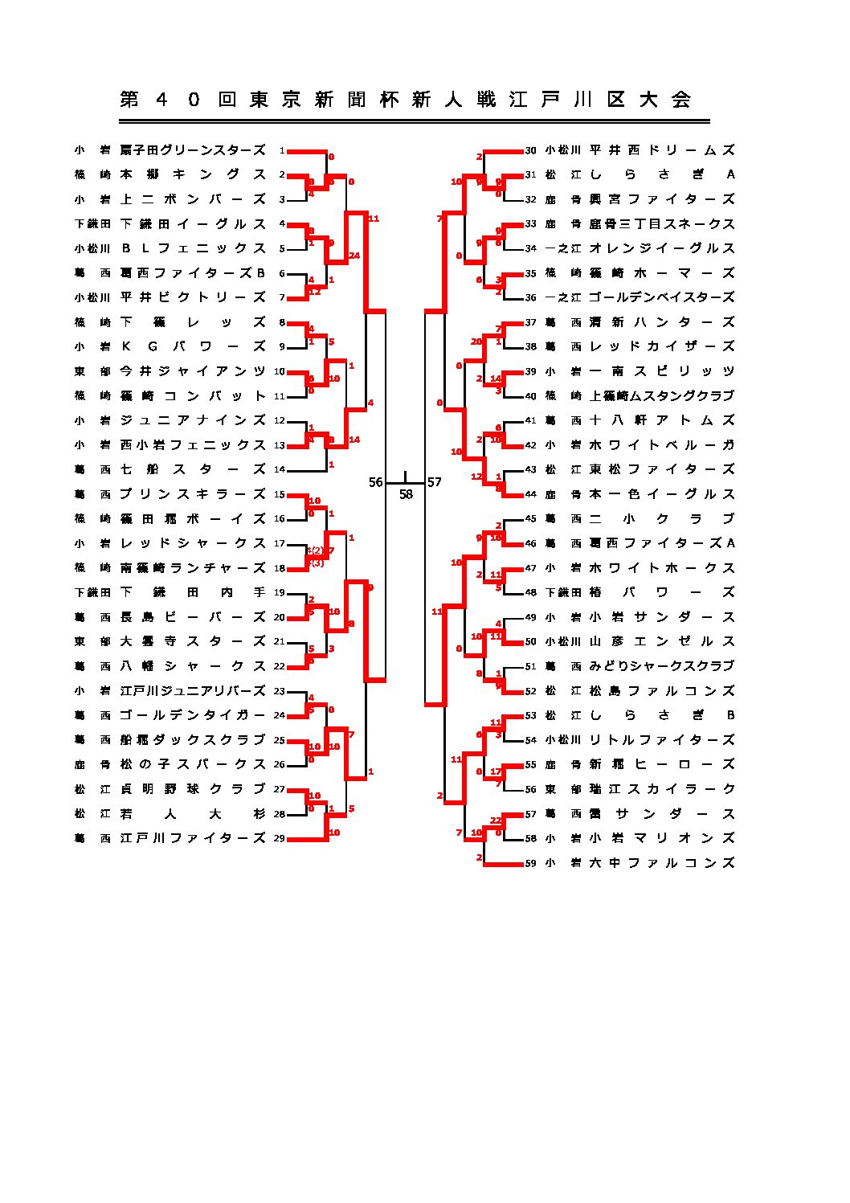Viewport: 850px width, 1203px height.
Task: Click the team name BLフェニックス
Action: (x=193, y=248)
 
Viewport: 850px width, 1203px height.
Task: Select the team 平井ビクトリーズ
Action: (x=193, y=297)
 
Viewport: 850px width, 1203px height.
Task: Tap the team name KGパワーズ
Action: (x=193, y=346)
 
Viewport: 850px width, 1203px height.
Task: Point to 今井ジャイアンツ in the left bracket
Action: (x=193, y=371)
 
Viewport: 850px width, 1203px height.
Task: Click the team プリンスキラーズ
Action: (x=193, y=494)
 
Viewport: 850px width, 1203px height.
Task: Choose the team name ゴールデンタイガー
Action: (x=193, y=715)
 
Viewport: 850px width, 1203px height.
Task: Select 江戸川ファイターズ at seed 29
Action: (x=193, y=838)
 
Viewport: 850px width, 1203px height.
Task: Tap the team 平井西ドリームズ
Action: (x=662, y=150)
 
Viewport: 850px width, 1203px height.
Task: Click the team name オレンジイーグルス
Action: (x=662, y=248)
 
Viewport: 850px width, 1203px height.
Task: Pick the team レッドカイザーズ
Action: (x=662, y=346)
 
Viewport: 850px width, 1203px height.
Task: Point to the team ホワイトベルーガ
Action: (x=662, y=445)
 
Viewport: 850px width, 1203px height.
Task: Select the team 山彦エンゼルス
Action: (x=662, y=641)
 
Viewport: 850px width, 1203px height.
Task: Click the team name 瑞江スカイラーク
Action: (x=662, y=789)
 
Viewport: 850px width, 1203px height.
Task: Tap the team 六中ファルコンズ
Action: (x=662, y=863)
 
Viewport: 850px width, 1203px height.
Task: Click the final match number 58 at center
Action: (x=406, y=495)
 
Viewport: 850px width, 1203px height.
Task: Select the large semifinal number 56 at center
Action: (x=376, y=482)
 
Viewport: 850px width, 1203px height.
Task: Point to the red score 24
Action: (x=354, y=256)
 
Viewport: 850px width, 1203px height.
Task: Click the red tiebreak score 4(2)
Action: (x=315, y=550)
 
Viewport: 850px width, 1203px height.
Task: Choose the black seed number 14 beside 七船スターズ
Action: (x=280, y=470)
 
